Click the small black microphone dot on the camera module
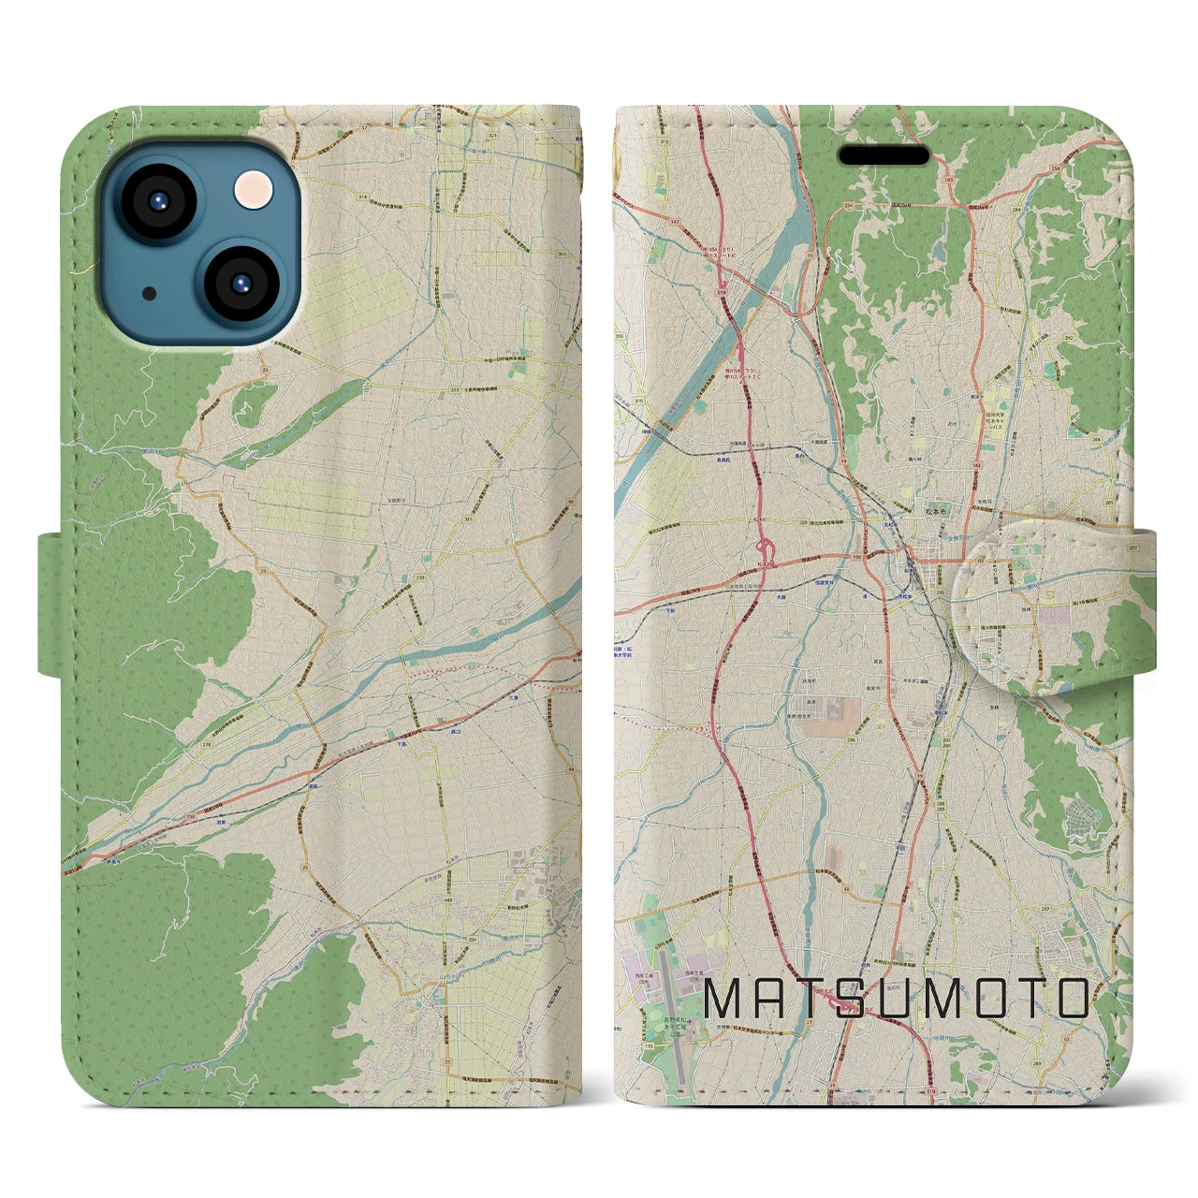[x=150, y=293]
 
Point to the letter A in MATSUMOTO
[x=766, y=999]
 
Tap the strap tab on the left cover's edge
[x=53, y=604]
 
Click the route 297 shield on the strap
[x=1134, y=548]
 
